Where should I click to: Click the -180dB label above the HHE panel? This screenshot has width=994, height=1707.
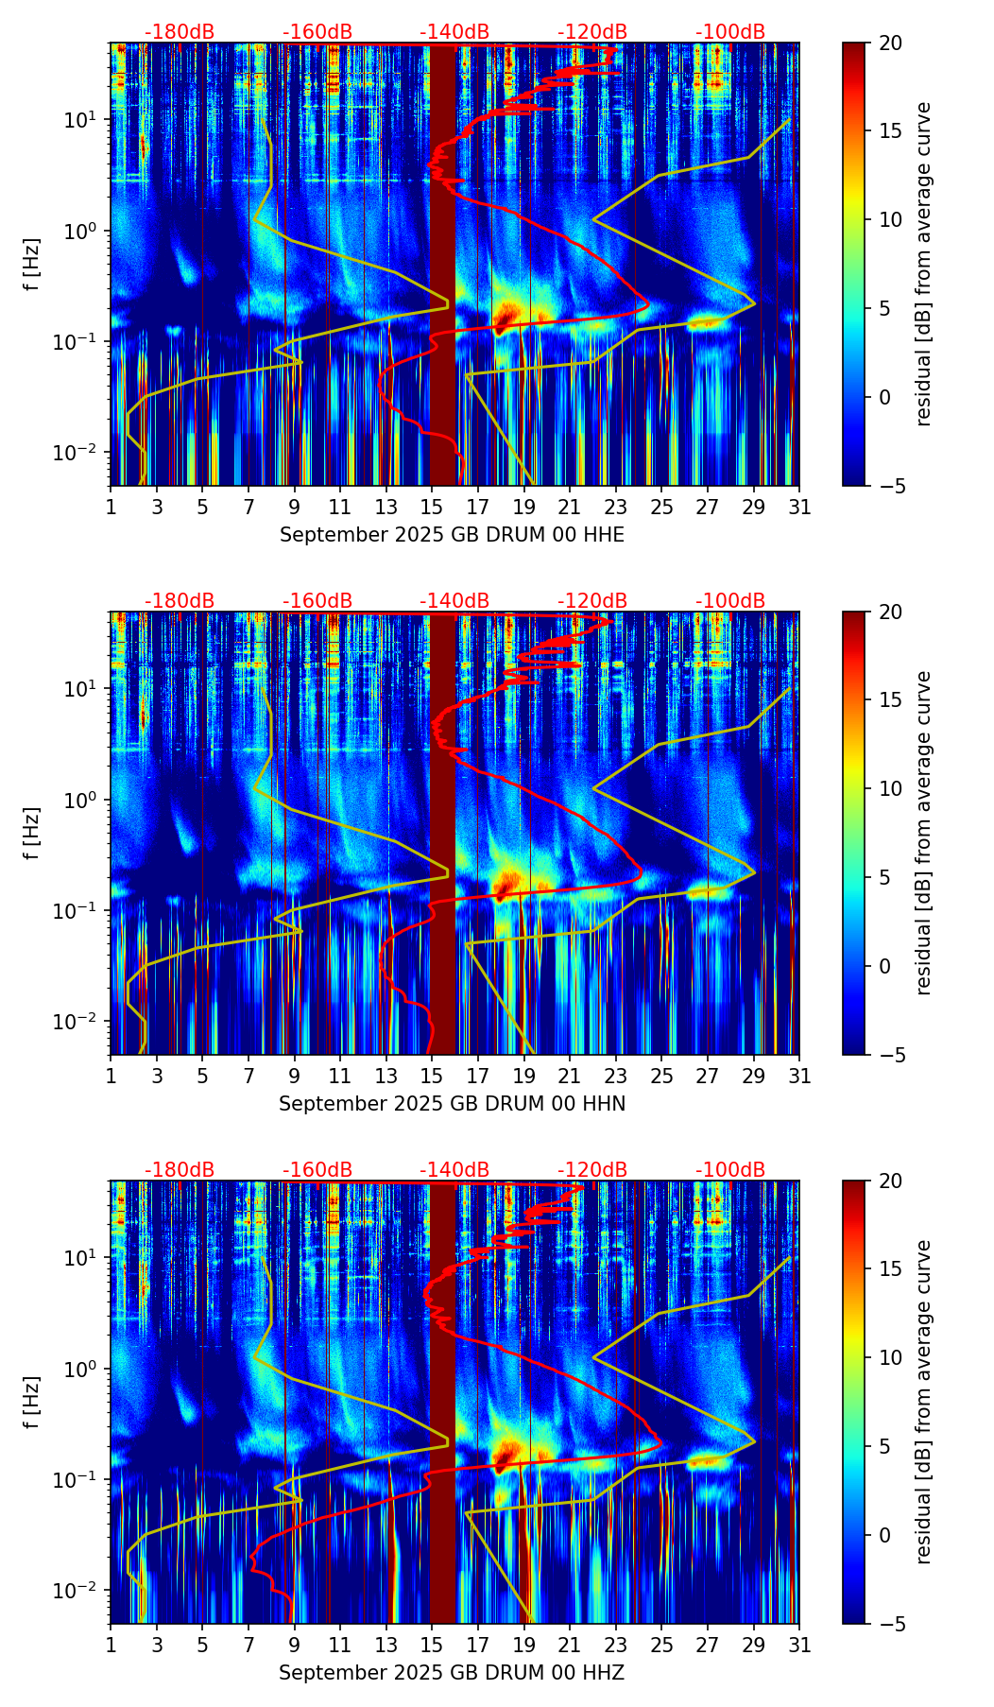click(x=180, y=32)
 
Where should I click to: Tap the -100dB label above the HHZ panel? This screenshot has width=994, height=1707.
click(x=730, y=1170)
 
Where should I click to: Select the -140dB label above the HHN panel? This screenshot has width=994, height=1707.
click(x=454, y=601)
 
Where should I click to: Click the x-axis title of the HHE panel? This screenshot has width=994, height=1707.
click(x=452, y=535)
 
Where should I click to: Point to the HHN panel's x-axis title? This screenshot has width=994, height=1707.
click(x=452, y=1104)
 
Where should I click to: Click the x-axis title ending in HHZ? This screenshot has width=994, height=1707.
click(x=452, y=1673)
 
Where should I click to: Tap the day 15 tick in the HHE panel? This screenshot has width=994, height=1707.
click(x=431, y=508)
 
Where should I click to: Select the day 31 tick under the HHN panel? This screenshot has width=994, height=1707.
click(x=799, y=1077)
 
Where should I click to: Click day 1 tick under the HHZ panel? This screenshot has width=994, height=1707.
click(x=111, y=1646)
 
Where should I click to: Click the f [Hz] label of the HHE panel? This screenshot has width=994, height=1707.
click(x=32, y=265)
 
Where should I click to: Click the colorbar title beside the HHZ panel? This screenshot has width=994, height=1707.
click(x=923, y=1402)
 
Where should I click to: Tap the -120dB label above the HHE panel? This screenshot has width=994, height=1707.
click(x=592, y=32)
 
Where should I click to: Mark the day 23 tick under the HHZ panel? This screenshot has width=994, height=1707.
click(x=616, y=1646)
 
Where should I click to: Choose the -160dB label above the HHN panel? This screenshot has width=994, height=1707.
click(x=317, y=601)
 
